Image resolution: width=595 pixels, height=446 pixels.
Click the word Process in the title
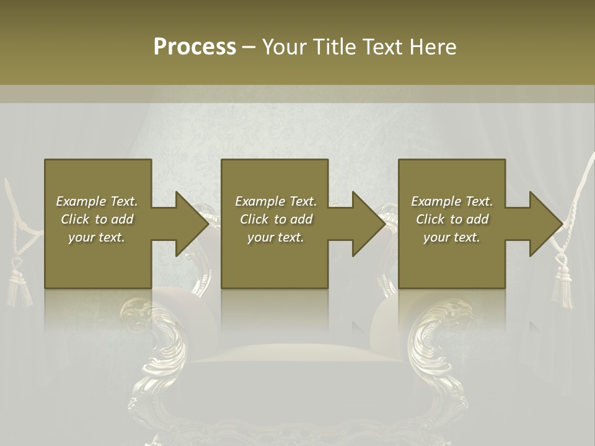(195, 47)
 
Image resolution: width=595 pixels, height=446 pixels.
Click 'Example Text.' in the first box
(97, 201)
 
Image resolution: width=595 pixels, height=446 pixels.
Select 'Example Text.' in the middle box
(276, 201)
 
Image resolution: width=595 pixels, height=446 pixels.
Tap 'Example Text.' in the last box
(452, 201)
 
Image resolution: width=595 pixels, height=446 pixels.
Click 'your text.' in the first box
(97, 237)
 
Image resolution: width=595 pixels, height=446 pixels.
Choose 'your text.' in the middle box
(276, 237)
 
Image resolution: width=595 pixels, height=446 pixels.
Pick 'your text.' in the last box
(452, 237)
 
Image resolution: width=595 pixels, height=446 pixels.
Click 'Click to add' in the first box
(97, 219)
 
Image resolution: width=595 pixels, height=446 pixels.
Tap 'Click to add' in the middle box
(276, 219)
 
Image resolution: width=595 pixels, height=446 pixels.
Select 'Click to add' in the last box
(452, 219)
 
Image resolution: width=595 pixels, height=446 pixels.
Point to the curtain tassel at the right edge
(563, 282)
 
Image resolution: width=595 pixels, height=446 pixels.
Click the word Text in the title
(384, 47)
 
